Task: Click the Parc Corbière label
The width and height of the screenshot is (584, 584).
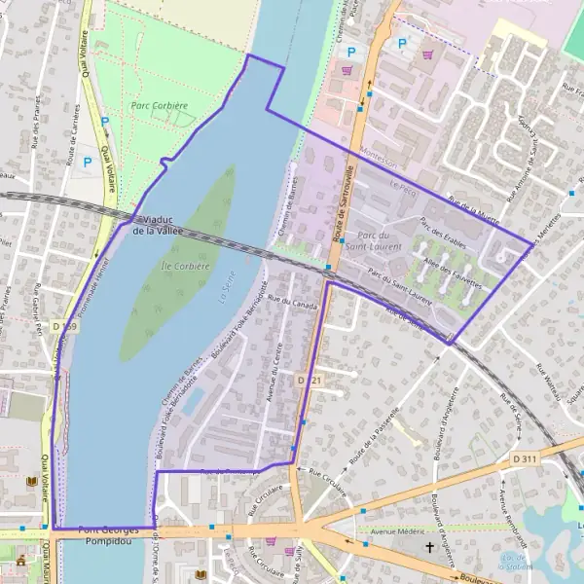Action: point(159,104)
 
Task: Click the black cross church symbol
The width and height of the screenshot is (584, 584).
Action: point(428,548)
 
